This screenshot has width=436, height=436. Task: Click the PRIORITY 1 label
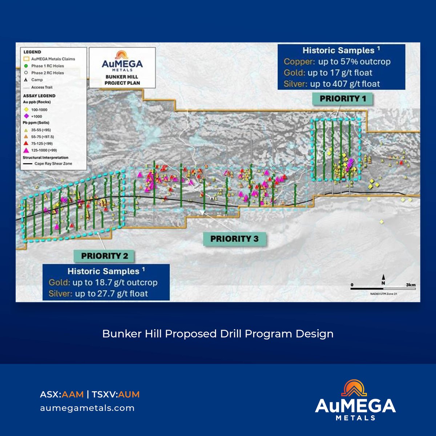343,98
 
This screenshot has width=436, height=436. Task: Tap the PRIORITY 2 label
105,256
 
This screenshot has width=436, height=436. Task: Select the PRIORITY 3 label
234,239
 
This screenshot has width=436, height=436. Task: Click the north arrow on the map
383,278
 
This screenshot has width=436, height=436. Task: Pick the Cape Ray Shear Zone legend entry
53,163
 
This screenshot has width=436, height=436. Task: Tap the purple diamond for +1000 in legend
26,116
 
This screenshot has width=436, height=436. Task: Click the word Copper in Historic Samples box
299,61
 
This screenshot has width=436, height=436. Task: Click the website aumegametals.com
87,408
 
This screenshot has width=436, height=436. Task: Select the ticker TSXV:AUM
116,394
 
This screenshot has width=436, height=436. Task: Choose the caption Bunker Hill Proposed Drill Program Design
218,334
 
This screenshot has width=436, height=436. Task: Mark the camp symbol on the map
212,198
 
